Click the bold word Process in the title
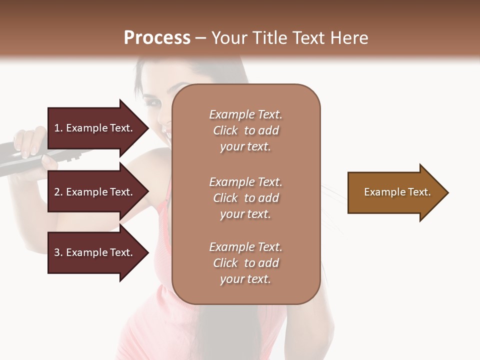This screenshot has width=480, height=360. [x=157, y=37]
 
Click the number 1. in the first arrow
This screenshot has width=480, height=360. [x=58, y=128]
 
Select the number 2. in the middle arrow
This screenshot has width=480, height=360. [x=58, y=192]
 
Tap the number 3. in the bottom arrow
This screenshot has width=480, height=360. [x=58, y=252]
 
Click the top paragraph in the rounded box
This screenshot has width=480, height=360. [x=245, y=130]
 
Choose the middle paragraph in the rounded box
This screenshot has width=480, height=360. [x=245, y=198]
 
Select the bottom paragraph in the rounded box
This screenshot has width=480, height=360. [x=245, y=263]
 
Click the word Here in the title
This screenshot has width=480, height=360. [x=349, y=37]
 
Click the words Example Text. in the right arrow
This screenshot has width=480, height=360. [x=397, y=192]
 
